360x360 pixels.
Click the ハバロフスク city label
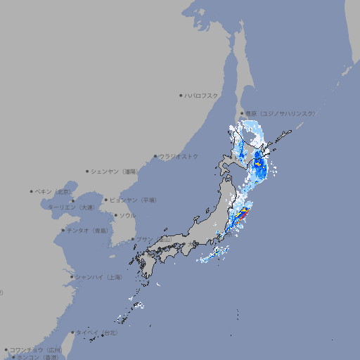point(202,95)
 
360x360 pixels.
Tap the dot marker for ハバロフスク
point(181,95)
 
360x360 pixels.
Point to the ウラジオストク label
point(179,156)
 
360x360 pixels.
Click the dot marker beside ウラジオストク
point(155,156)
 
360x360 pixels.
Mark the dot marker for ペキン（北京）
point(32,191)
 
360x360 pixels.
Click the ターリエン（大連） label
point(72,207)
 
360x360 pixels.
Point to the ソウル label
point(127,215)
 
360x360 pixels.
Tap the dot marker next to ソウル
point(115,215)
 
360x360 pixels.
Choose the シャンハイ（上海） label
point(98,277)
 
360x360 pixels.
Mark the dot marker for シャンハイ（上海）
point(72,277)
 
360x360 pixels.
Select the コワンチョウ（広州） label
point(35,349)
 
